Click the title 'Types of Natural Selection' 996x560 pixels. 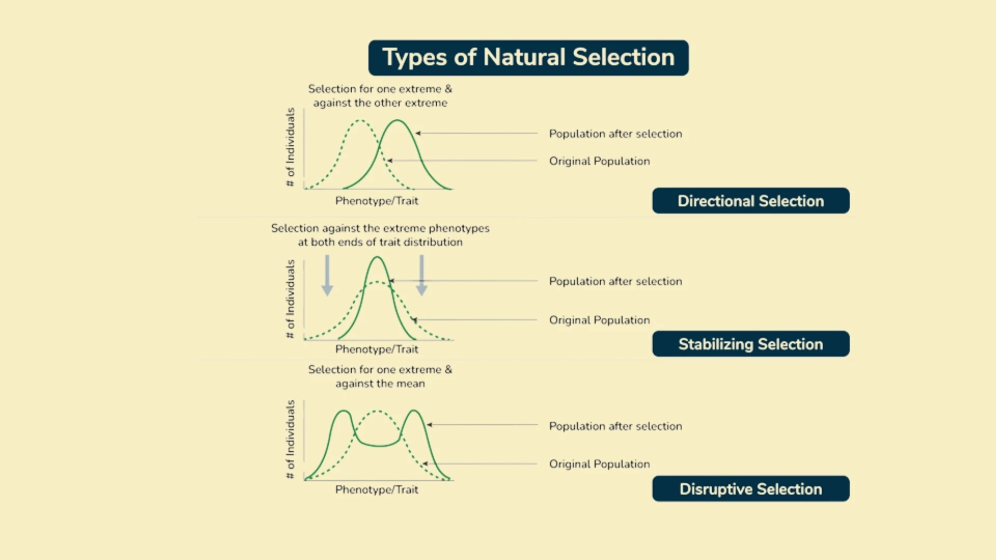coord(528,58)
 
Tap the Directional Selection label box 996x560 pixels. coord(751,201)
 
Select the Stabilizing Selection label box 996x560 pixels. coord(751,344)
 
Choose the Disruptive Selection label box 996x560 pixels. coord(751,489)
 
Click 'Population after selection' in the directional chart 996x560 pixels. coord(615,134)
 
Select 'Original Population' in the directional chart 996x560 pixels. coord(599,161)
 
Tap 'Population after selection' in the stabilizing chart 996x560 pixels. coord(615,282)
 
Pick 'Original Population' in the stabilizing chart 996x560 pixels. coord(599,320)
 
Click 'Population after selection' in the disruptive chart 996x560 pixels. coord(615,426)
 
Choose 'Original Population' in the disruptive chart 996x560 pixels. coord(599,464)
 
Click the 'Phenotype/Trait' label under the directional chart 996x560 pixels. coord(377,201)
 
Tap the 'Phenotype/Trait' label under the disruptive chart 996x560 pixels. coord(377,490)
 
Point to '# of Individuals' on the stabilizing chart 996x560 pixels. coord(290,299)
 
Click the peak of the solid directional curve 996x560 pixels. coord(397,121)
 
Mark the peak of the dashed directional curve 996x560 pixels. coord(360,121)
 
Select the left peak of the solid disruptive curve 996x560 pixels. coord(343,411)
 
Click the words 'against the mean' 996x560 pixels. coord(380,384)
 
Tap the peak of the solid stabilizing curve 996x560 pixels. coord(377,257)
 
